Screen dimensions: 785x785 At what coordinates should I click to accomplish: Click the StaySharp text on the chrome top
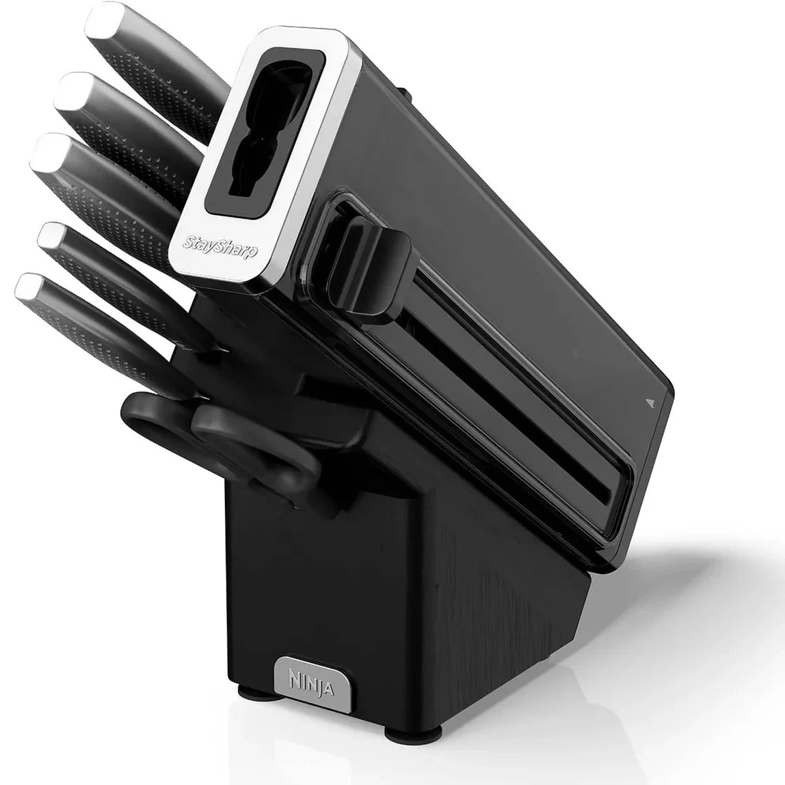click(x=220, y=245)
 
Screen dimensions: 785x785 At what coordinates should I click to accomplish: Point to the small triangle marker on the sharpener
click(x=650, y=401)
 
